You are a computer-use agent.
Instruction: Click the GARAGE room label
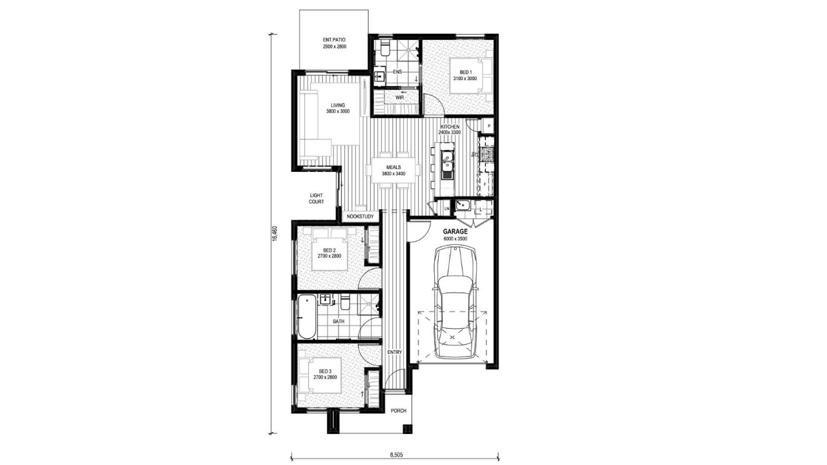pos(455,232)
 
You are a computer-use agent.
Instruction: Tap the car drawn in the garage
pos(455,303)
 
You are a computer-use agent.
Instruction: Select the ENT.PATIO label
pos(334,40)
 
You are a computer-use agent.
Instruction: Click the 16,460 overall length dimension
pos(275,234)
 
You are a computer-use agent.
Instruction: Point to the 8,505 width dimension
pos(396,455)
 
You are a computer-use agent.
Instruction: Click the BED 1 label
pos(466,72)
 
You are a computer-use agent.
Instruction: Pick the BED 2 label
pos(330,251)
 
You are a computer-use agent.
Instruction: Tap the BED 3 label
pos(325,371)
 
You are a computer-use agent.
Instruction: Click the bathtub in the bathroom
pos(307,316)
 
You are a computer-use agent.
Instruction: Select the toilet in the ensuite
pos(384,50)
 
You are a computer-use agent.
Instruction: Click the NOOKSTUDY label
pos(361,216)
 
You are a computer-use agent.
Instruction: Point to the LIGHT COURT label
pos(317,198)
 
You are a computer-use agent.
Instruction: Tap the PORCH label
pos(399,411)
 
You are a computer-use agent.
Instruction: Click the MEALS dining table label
pos(393,167)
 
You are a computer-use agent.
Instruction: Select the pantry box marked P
pos(488,126)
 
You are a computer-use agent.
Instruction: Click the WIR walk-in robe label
pos(399,98)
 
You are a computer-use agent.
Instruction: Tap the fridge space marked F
pos(485,184)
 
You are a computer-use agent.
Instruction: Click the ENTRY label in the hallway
pos(394,353)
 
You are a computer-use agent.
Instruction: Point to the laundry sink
pos(462,205)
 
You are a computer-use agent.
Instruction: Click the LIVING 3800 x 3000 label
pos(338,108)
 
